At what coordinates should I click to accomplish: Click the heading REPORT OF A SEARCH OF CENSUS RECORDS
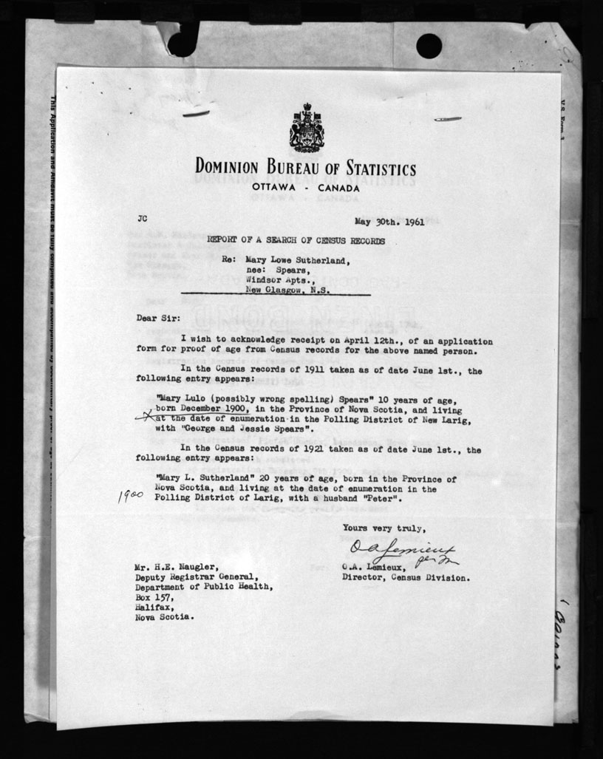tap(296, 241)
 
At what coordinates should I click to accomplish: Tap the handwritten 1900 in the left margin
tap(130, 495)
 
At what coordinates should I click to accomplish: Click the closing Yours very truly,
tap(384, 528)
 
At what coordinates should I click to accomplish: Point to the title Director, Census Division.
tap(405, 578)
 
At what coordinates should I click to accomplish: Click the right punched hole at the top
tap(429, 46)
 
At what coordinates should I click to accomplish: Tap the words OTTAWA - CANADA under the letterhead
tap(305, 188)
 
